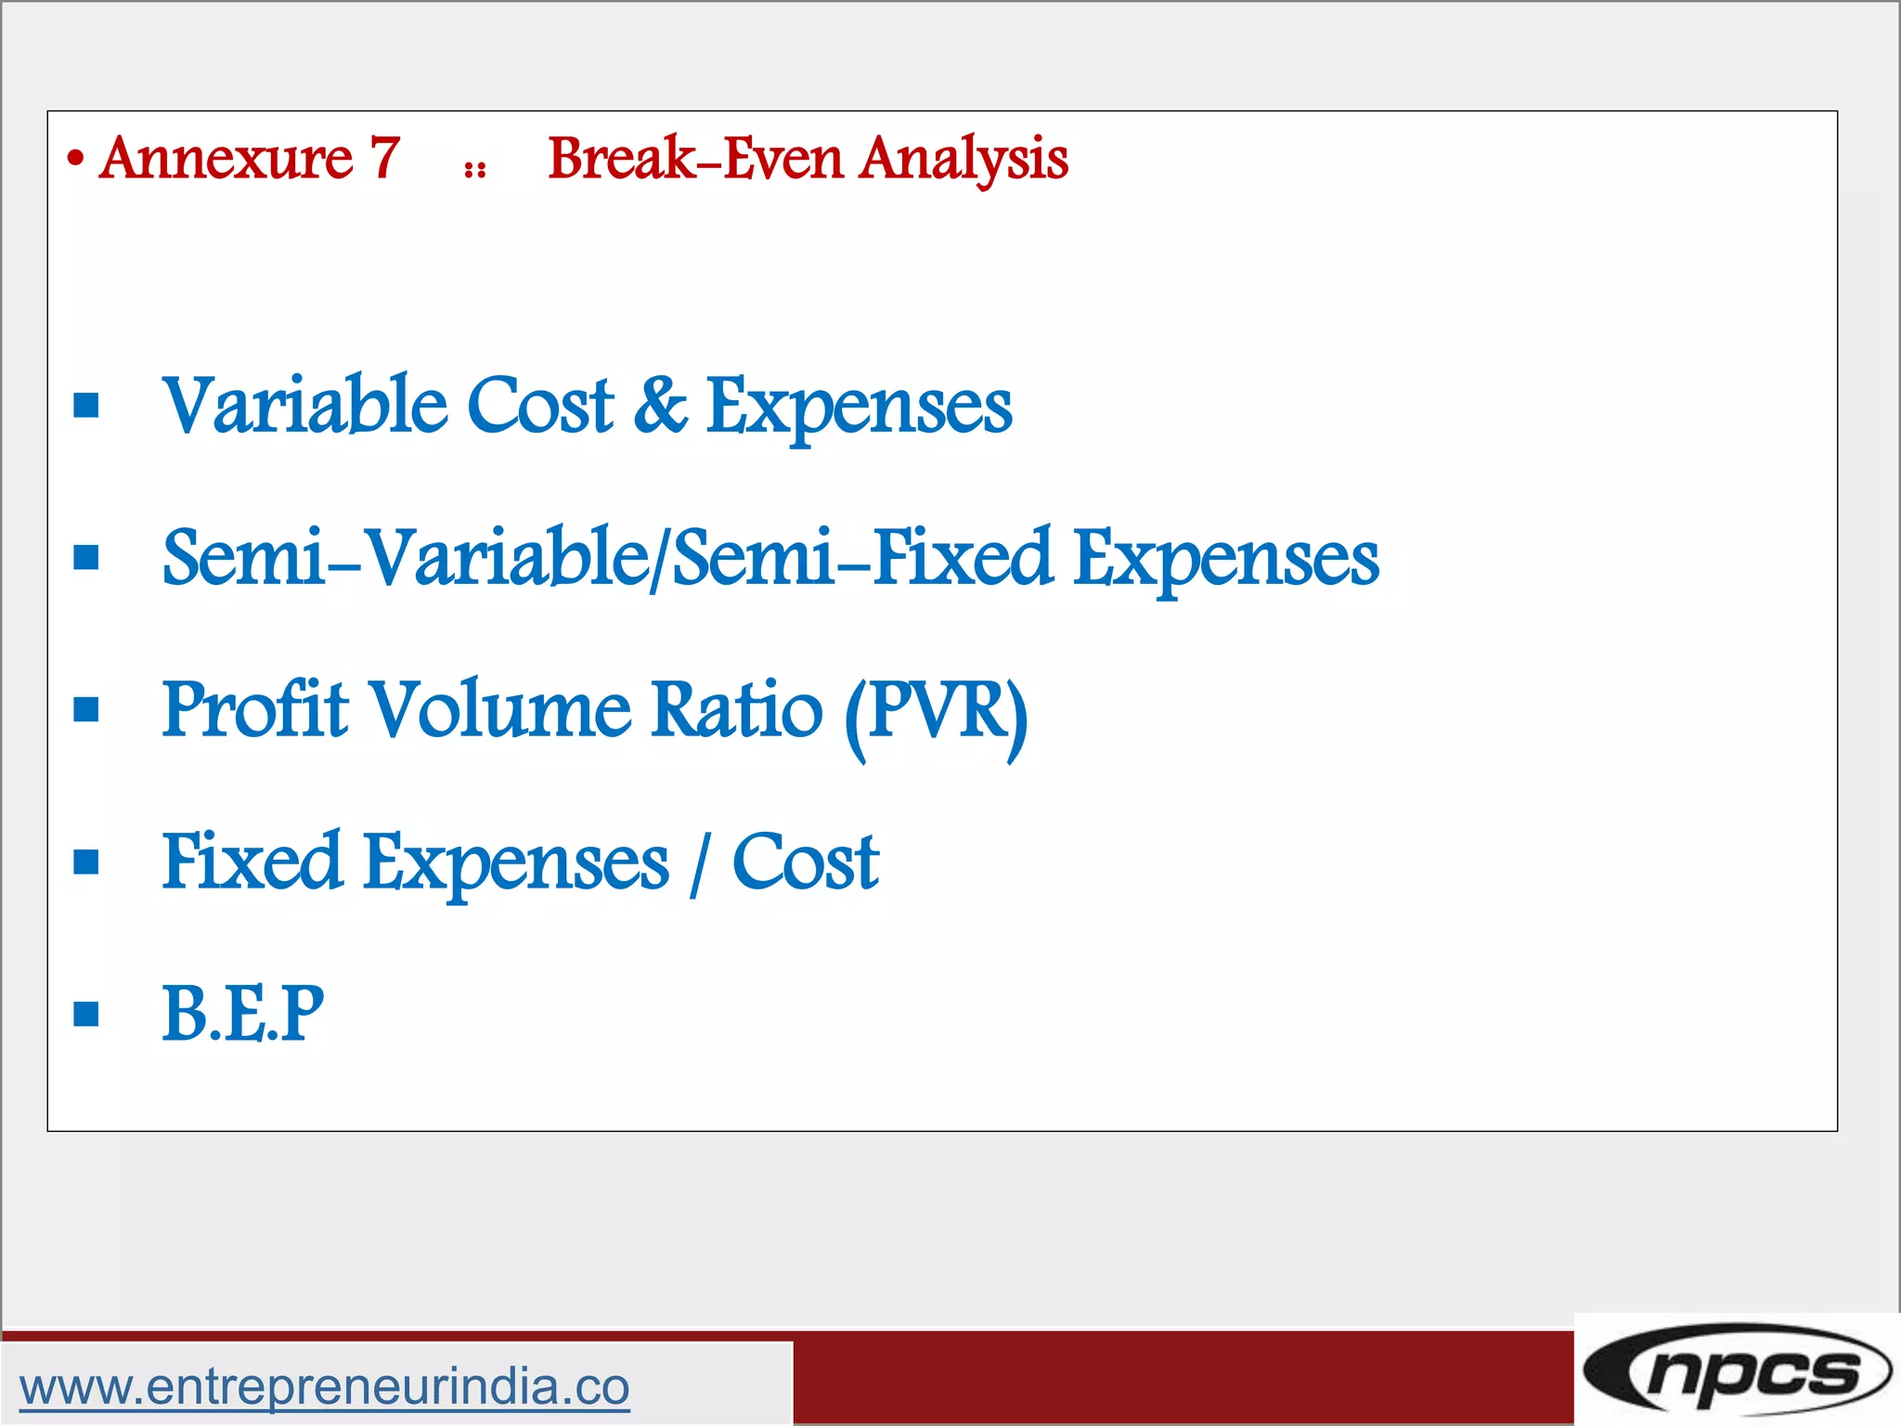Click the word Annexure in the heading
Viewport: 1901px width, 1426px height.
(226, 158)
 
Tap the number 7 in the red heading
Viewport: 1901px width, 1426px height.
(385, 158)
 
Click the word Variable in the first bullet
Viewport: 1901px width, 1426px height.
(304, 406)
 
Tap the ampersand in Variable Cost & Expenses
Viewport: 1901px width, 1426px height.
(660, 406)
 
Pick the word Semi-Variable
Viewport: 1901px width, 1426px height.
(407, 558)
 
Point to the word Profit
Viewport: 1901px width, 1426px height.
(255, 710)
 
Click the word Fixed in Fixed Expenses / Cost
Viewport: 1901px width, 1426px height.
(252, 862)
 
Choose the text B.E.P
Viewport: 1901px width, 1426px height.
(242, 1014)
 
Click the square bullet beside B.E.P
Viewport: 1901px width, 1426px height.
(86, 1014)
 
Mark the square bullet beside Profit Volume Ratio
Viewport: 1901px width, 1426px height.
(86, 710)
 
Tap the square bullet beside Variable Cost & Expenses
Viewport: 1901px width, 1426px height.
(86, 406)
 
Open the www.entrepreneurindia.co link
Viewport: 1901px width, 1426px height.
(324, 1387)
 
